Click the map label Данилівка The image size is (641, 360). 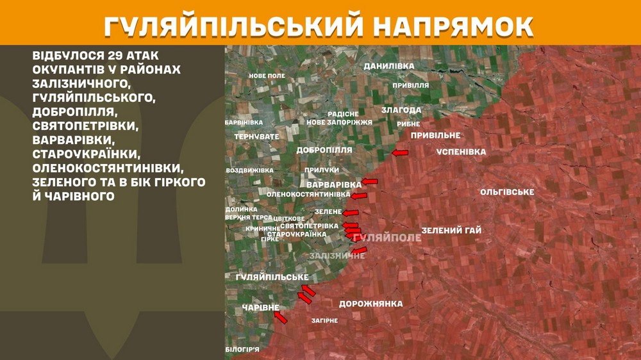388,66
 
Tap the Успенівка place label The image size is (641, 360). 461,152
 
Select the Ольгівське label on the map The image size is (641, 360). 507,192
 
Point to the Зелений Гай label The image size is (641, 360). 451,231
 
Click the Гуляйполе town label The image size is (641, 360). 387,238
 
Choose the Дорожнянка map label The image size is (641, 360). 370,304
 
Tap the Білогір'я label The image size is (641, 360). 242,349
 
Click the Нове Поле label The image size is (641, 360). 267,76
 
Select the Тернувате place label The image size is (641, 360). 256,136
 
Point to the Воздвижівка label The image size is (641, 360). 250,170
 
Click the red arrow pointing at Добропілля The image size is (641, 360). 400,153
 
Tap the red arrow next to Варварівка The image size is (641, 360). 370,181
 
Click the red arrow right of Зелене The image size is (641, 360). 351,213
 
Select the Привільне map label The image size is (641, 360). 435,135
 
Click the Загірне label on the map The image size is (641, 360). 324,320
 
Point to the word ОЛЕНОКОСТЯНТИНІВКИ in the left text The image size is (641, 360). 108,168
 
